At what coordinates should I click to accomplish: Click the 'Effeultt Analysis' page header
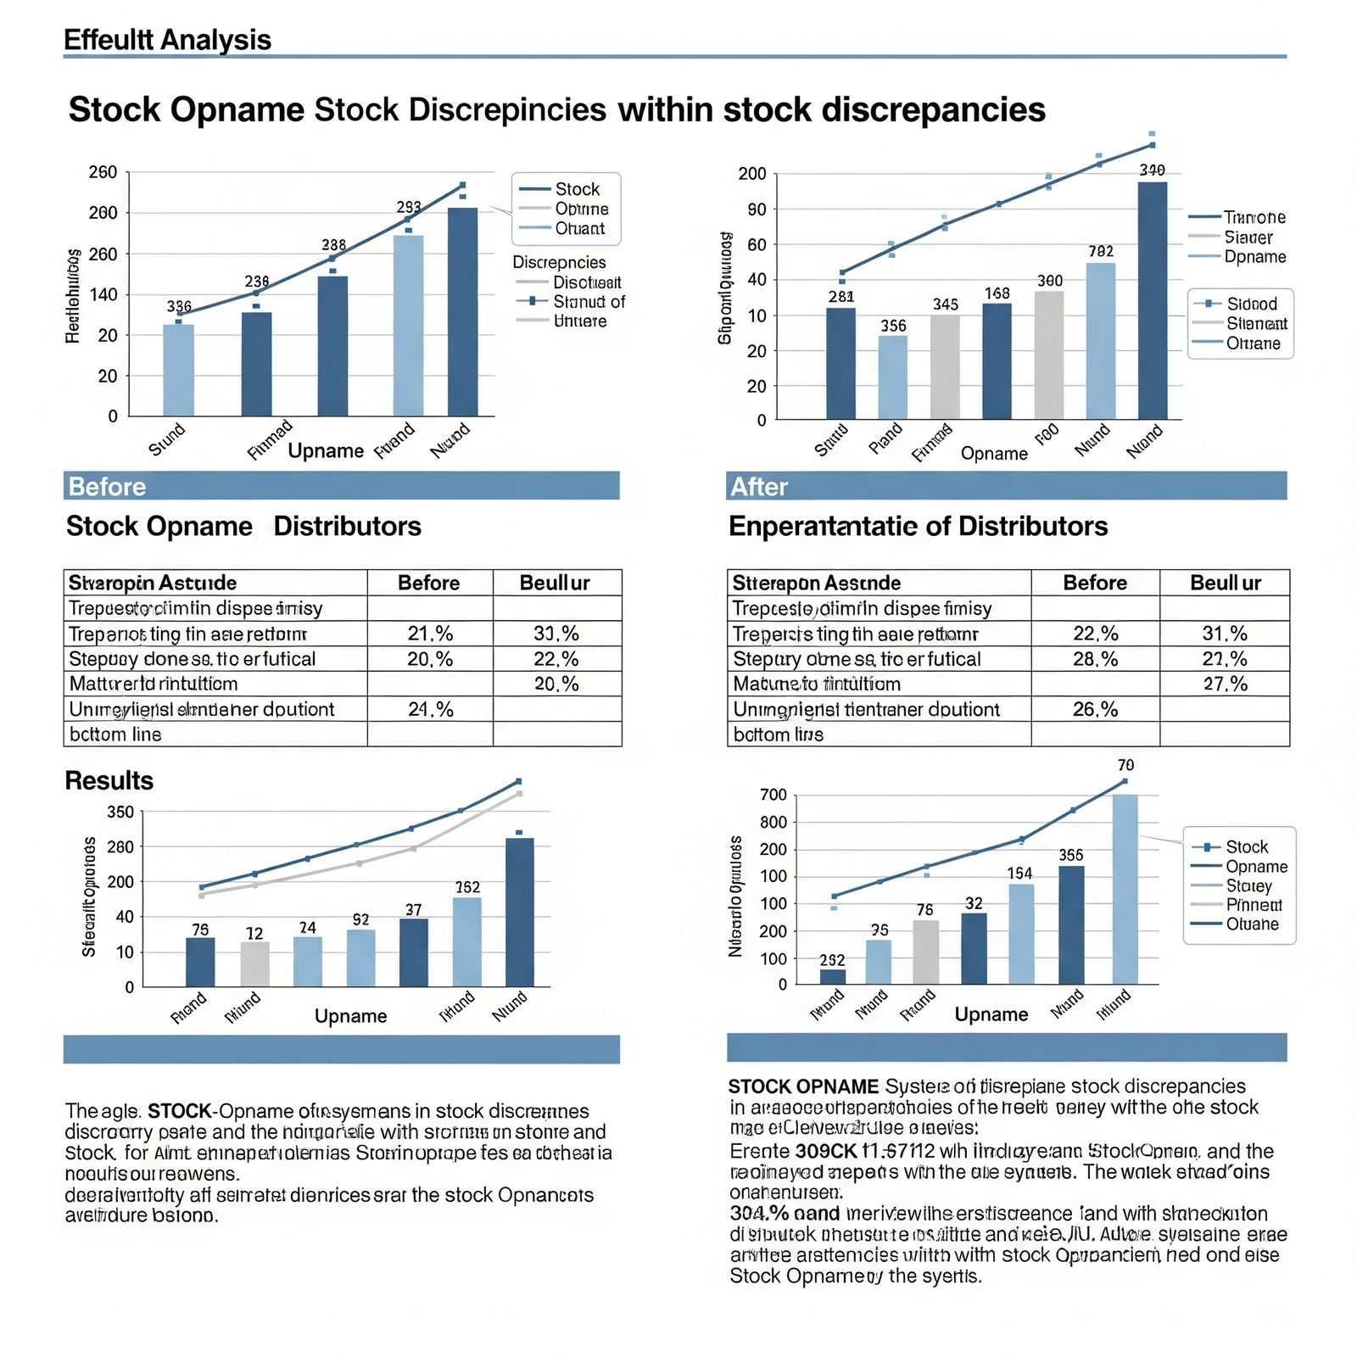(x=167, y=40)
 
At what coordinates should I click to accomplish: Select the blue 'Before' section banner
(x=341, y=486)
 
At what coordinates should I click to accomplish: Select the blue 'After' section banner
(x=1006, y=486)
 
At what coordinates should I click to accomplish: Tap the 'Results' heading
(x=109, y=780)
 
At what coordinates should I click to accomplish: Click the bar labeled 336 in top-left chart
(x=178, y=370)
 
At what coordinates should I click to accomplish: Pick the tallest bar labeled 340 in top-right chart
(x=1152, y=300)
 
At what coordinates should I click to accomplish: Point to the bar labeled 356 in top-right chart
(x=892, y=377)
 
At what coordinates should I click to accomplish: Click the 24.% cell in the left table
(x=430, y=709)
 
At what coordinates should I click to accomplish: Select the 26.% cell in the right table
(x=1095, y=709)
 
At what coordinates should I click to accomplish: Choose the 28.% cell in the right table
(x=1095, y=659)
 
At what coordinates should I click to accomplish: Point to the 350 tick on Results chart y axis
(x=120, y=813)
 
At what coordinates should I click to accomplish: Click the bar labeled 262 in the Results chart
(x=467, y=941)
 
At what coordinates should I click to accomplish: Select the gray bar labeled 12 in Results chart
(x=254, y=963)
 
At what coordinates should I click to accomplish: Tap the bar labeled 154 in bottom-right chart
(x=1021, y=934)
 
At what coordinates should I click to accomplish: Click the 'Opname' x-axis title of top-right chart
(x=994, y=454)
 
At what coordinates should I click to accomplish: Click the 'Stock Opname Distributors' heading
(x=243, y=527)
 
